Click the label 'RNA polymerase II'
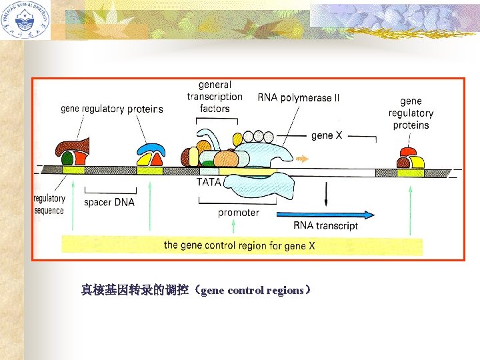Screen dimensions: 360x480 (298, 98)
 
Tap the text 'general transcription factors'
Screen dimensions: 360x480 (215, 97)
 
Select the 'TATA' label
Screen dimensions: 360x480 (209, 181)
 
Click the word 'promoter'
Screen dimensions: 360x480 (238, 213)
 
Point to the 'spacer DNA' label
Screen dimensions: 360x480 (109, 202)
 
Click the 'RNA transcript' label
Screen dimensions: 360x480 (325, 225)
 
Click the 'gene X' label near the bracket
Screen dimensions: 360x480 (327, 135)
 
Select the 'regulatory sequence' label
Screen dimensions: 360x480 (49, 204)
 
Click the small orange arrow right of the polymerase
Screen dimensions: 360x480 (303, 159)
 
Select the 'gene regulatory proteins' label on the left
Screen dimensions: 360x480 (111, 109)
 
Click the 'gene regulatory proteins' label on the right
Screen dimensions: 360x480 (411, 113)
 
